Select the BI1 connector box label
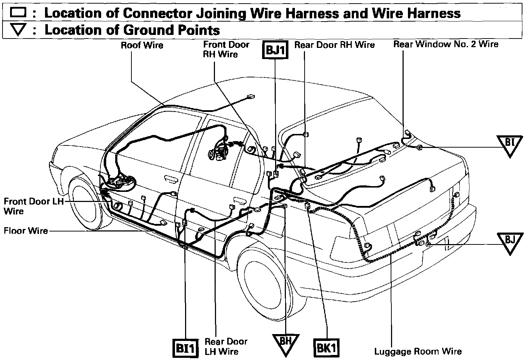[x=186, y=348]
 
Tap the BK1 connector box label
[x=327, y=348]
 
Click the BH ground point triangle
[x=286, y=342]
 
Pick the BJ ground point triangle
[x=510, y=242]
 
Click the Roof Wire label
[x=142, y=45]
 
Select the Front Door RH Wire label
[x=226, y=49]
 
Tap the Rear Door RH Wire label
[x=334, y=45]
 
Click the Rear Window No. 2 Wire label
[x=446, y=44]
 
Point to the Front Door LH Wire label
[x=33, y=206]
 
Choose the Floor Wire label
[x=26, y=230]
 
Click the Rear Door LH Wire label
[x=226, y=346]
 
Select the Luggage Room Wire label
[x=418, y=351]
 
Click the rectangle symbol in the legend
[x=18, y=13]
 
